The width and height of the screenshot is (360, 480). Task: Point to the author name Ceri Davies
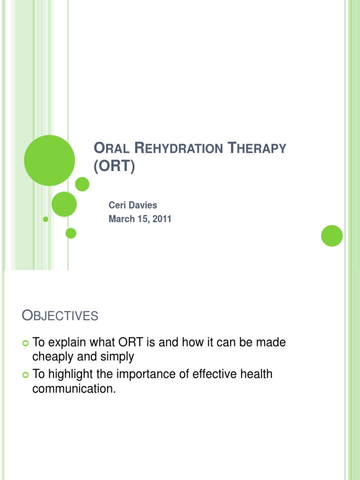(133, 206)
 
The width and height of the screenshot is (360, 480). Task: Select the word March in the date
(121, 219)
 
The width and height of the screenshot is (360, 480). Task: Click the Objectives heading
(60, 316)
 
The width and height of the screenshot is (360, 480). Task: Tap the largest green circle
(49, 160)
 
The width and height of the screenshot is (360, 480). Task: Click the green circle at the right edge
(332, 235)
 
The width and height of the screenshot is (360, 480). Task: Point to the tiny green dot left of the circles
(45, 219)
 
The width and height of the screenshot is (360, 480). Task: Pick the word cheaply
(52, 357)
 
